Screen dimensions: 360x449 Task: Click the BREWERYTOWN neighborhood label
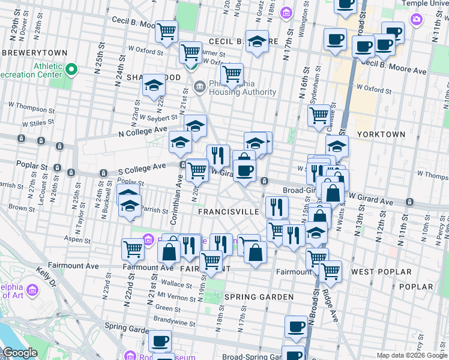coord(34,53)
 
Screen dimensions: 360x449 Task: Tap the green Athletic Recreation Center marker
coord(71,70)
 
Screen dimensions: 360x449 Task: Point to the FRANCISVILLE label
coord(229,212)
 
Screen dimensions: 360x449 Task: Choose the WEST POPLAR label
coord(381,272)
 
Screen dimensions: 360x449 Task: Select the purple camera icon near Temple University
coord(416,19)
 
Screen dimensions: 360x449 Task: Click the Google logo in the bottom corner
coord(20,353)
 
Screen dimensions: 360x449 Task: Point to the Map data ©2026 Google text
coord(412,355)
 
